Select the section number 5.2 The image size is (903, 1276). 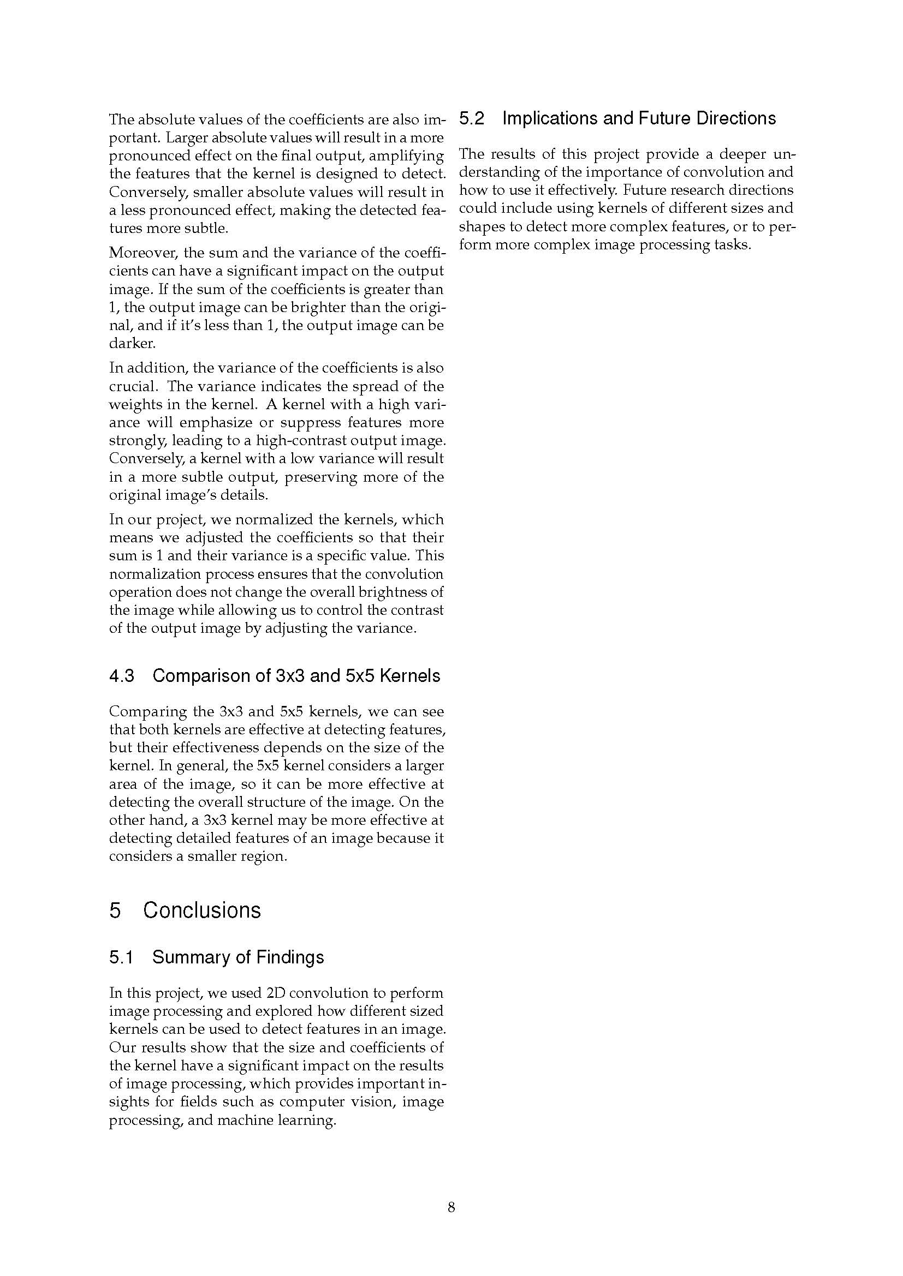pyautogui.click(x=472, y=118)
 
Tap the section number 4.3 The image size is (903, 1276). pyautogui.click(x=122, y=676)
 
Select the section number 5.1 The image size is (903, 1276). pyautogui.click(x=121, y=957)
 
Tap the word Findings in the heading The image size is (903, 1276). pyautogui.click(x=290, y=957)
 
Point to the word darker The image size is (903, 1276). pyautogui.click(x=124, y=344)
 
